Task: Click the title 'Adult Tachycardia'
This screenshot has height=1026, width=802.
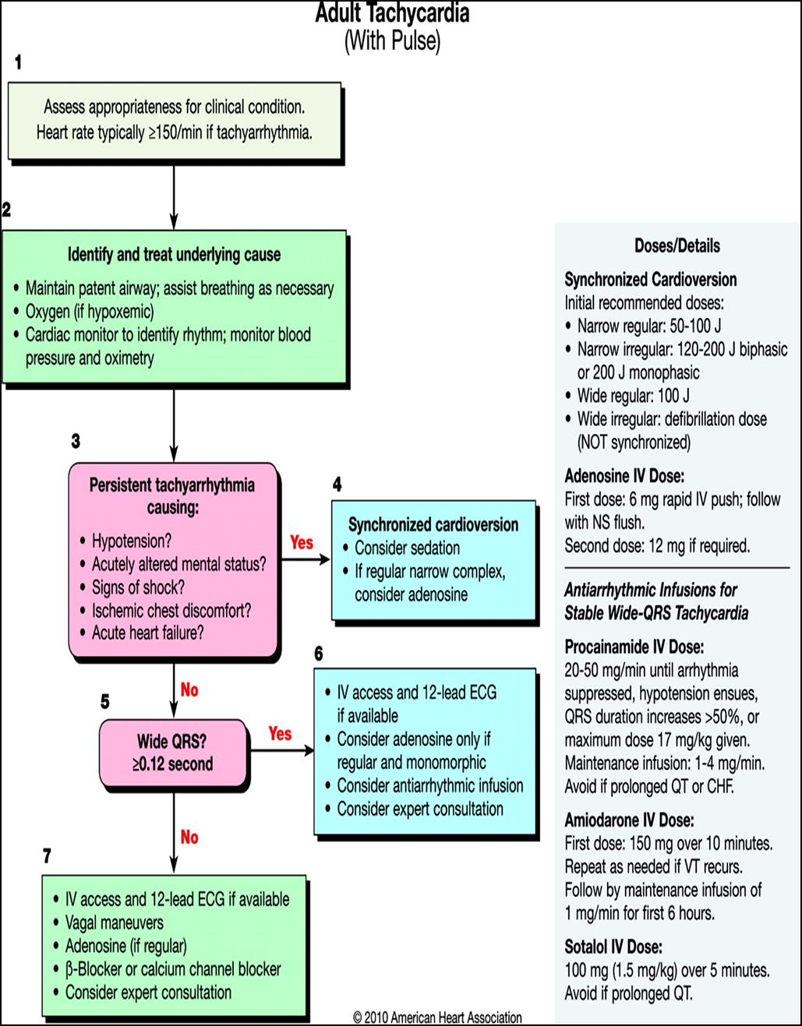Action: tap(392, 13)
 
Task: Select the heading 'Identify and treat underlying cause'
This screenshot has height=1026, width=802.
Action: tap(174, 255)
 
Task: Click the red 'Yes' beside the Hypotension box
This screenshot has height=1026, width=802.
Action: tap(302, 542)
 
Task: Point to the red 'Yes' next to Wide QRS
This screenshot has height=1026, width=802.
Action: tap(280, 734)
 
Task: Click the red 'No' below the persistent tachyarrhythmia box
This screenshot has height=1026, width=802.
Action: tap(189, 690)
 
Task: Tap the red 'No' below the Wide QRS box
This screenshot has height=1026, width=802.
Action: tap(189, 837)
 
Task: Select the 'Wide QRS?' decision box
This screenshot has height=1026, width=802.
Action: tap(173, 752)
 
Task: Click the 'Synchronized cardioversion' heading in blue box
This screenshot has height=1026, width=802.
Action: tap(433, 524)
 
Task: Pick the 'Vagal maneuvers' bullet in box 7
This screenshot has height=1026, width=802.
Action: tap(115, 923)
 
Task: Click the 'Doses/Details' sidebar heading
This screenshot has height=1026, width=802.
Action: tap(677, 246)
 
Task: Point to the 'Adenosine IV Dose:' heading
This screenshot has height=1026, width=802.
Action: tap(624, 476)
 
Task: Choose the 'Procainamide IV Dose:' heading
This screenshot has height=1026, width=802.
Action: tap(634, 647)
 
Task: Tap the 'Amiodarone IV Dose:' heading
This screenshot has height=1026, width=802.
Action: tap(629, 820)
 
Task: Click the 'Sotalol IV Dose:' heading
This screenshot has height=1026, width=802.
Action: tap(613, 947)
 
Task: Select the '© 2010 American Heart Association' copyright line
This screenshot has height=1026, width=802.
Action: tap(437, 1017)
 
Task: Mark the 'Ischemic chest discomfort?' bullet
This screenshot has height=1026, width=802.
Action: tap(171, 610)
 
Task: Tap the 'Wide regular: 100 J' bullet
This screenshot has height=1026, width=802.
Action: tap(633, 396)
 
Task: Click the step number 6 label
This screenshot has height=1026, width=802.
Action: tap(318, 654)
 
